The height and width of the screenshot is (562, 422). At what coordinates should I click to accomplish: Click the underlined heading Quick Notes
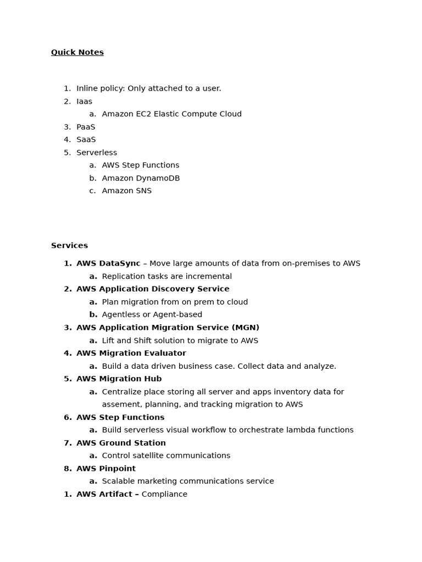click(x=77, y=53)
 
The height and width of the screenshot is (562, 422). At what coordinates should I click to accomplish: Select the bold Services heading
click(x=69, y=246)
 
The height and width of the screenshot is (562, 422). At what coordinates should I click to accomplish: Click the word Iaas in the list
click(x=84, y=102)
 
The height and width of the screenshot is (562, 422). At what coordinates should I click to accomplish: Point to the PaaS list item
click(x=86, y=127)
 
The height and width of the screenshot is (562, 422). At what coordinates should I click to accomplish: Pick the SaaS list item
click(x=86, y=140)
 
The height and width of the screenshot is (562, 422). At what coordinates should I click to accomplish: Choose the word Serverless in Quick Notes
click(x=97, y=153)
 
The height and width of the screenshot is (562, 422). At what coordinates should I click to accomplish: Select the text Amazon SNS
click(x=127, y=191)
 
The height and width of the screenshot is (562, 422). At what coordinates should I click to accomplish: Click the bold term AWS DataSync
click(x=108, y=263)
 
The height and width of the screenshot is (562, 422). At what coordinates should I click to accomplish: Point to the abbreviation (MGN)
click(x=246, y=328)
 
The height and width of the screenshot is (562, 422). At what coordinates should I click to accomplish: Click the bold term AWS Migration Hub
click(x=119, y=379)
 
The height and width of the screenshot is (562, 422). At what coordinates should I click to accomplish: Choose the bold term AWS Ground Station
click(x=121, y=443)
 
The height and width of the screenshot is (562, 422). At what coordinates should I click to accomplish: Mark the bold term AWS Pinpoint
click(x=106, y=469)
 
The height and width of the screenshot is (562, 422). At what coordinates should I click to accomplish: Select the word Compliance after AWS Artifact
click(x=164, y=494)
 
